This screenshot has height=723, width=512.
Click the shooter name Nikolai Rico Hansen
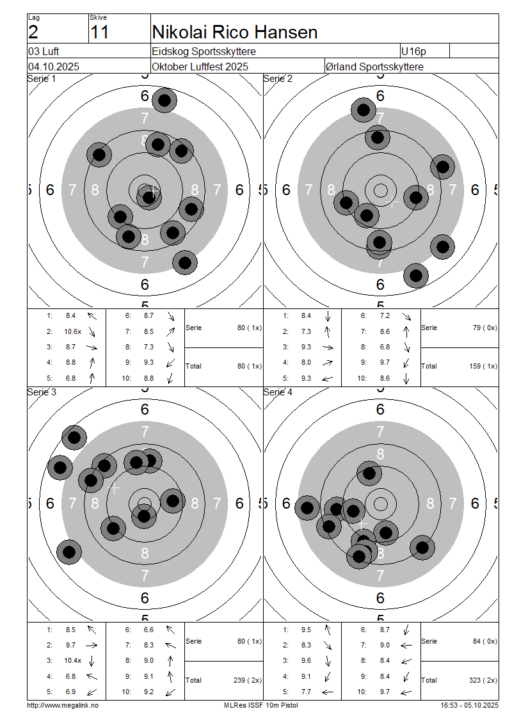(234, 31)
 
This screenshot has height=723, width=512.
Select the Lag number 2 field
(33, 32)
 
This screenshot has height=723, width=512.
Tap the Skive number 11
(99, 32)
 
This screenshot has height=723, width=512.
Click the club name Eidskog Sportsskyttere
(208, 51)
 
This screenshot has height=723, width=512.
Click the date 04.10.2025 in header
(54, 67)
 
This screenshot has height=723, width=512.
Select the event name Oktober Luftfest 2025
(200, 67)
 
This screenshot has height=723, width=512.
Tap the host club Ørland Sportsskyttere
(374, 67)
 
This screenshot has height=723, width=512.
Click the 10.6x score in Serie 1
(72, 331)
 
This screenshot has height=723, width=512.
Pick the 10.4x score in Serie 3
(72, 660)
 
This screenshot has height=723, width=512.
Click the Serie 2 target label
(278, 79)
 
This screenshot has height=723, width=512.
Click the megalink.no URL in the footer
(63, 705)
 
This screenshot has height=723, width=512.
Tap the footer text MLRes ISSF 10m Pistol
(260, 705)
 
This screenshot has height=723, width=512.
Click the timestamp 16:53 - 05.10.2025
(469, 705)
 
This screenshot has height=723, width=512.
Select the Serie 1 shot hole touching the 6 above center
(165, 100)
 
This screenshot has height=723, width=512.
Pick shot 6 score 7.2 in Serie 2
(385, 315)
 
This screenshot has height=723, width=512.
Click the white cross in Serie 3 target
(114, 488)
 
